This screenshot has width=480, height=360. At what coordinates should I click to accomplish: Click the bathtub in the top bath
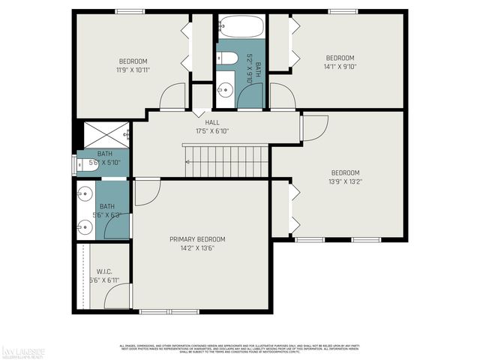pyautogui.click(x=240, y=28)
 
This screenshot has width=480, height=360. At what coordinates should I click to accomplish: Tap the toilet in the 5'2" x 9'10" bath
pyautogui.click(x=229, y=58)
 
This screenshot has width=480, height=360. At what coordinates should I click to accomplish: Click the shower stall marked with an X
pyautogui.click(x=103, y=135)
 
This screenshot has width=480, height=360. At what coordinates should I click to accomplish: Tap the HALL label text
pyautogui.click(x=212, y=122)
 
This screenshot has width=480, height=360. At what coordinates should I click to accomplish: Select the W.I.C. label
pyautogui.click(x=103, y=271)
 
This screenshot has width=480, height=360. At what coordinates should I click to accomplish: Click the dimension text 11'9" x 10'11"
pyautogui.click(x=133, y=70)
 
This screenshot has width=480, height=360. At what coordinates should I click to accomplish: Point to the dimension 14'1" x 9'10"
pyautogui.click(x=340, y=66)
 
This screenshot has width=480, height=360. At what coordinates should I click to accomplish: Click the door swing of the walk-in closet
pyautogui.click(x=118, y=297)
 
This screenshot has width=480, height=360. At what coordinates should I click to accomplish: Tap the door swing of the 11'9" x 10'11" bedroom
pyautogui.click(x=173, y=97)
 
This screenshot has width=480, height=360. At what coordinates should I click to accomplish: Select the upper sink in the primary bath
pyautogui.click(x=82, y=193)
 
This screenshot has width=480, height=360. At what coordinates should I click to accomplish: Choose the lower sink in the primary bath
pyautogui.click(x=82, y=223)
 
